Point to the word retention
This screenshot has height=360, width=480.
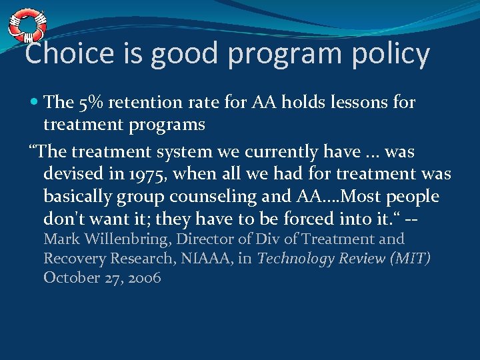[142, 102]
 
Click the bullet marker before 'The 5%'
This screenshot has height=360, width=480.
[33, 102]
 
